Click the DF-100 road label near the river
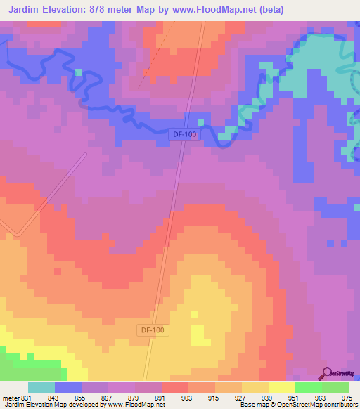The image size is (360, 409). tap(184, 134)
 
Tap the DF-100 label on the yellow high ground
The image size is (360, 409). tap(153, 329)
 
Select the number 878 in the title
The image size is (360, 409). tap(112, 10)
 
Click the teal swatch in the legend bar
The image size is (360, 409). tap(41, 388)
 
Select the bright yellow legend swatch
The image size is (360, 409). tap(281, 388)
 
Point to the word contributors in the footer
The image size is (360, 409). tap(337, 405)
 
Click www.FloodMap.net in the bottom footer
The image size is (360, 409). tap(136, 405)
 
